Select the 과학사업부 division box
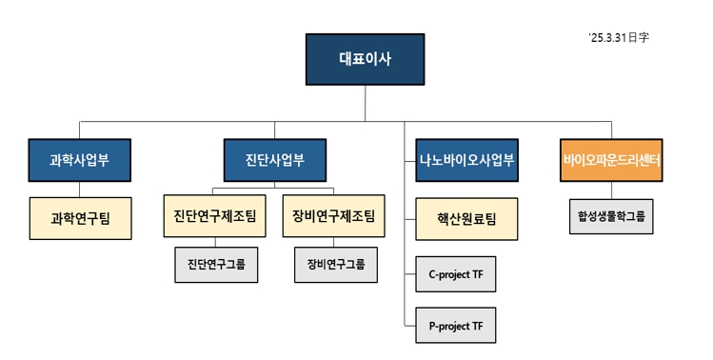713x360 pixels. coord(80,160)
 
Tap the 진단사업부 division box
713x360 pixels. coord(275,160)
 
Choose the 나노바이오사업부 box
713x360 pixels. coord(466,160)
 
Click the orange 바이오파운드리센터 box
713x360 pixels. coord(611,160)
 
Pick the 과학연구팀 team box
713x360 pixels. coord(80,218)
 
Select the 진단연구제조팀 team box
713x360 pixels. coord(216,216)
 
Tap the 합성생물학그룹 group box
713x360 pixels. coord(611,216)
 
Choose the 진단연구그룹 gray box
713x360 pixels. coord(216,265)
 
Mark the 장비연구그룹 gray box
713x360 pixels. coord(335,265)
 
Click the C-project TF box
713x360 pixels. coord(456,274)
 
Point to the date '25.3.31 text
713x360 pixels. coord(619,38)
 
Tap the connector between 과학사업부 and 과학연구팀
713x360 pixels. coord(80,189)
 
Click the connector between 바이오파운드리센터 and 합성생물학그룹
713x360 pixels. coord(611,189)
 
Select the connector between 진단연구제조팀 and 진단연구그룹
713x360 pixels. coord(216,242)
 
